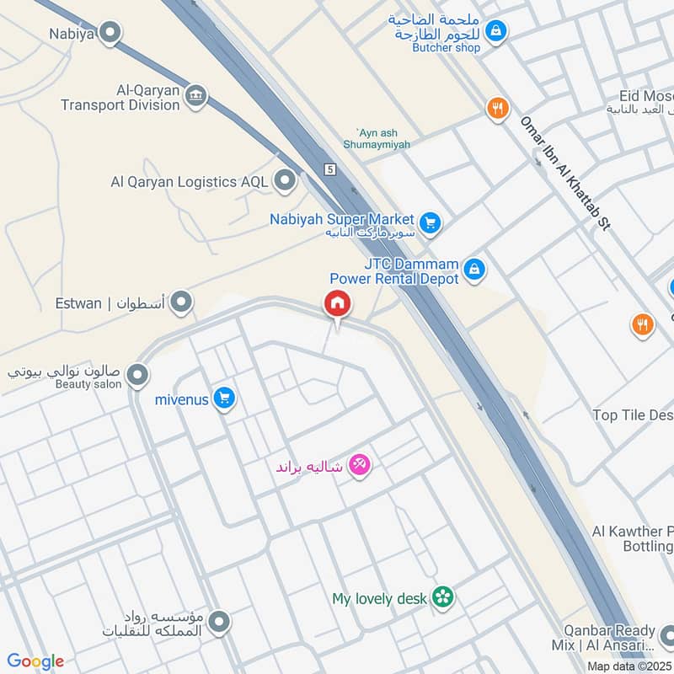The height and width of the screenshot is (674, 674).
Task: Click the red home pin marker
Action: click(x=338, y=303)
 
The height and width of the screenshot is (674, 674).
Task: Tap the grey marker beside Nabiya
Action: click(x=110, y=34)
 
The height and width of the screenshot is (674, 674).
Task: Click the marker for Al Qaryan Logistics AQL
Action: click(x=286, y=180)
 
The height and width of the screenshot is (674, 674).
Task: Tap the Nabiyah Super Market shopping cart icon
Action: click(x=431, y=222)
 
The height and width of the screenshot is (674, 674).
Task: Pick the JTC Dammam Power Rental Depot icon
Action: click(x=475, y=270)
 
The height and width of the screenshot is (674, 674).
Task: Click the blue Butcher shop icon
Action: click(x=497, y=31)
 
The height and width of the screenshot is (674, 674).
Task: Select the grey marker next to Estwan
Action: click(x=180, y=302)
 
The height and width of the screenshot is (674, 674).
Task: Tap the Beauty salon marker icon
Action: click(x=138, y=375)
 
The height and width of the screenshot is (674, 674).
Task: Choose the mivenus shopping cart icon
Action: click(x=223, y=397)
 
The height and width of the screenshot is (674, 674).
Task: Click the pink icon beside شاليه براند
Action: click(x=360, y=464)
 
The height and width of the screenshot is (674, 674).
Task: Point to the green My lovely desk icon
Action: click(x=442, y=598)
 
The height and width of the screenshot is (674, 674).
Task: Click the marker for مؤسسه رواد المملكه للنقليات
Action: click(x=219, y=623)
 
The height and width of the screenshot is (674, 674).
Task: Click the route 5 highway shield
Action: click(x=330, y=169)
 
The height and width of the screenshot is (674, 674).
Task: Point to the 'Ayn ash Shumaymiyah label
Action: click(x=383, y=138)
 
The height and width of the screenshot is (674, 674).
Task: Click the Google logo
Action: click(x=35, y=661)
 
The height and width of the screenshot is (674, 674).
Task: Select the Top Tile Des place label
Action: click(x=632, y=415)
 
